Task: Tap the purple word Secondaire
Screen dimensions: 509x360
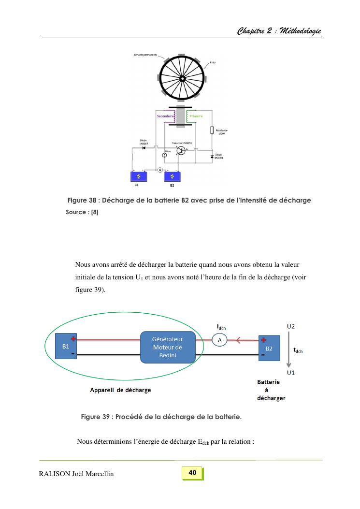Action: (x=165, y=116)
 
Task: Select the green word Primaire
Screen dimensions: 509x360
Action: (x=196, y=116)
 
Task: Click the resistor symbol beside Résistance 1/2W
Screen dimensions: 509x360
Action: (x=212, y=130)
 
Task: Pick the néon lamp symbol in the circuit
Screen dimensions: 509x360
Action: (x=164, y=155)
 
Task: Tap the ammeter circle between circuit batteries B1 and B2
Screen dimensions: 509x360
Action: (x=160, y=170)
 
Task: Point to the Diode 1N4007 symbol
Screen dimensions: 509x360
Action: (x=144, y=147)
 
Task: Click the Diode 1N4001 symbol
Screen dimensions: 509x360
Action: (x=212, y=157)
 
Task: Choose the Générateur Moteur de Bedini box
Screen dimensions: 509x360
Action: (x=167, y=347)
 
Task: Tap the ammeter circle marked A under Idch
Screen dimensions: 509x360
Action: (x=220, y=340)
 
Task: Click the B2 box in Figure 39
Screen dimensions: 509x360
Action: (x=269, y=348)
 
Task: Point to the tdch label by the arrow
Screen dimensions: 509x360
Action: (x=298, y=350)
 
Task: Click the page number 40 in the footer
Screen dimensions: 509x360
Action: (x=192, y=473)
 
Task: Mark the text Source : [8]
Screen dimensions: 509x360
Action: (x=82, y=213)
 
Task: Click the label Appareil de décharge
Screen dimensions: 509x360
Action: (x=121, y=390)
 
